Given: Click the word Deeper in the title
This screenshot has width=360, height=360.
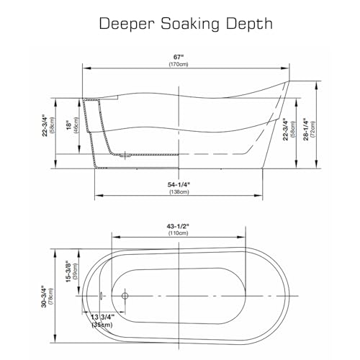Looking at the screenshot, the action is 127,24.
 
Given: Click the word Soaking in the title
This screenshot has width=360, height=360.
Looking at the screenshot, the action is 190,24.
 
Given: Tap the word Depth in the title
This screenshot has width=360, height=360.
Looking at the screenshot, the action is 250,24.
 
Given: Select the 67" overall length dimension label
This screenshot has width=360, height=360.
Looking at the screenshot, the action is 179,57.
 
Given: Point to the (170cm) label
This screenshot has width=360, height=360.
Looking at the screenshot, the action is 179,64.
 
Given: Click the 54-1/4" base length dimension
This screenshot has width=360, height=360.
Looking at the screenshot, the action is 179,184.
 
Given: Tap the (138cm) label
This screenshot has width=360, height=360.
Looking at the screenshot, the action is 179,192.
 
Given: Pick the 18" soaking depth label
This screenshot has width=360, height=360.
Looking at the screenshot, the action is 69,126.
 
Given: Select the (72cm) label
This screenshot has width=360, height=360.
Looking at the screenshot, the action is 312,129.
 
